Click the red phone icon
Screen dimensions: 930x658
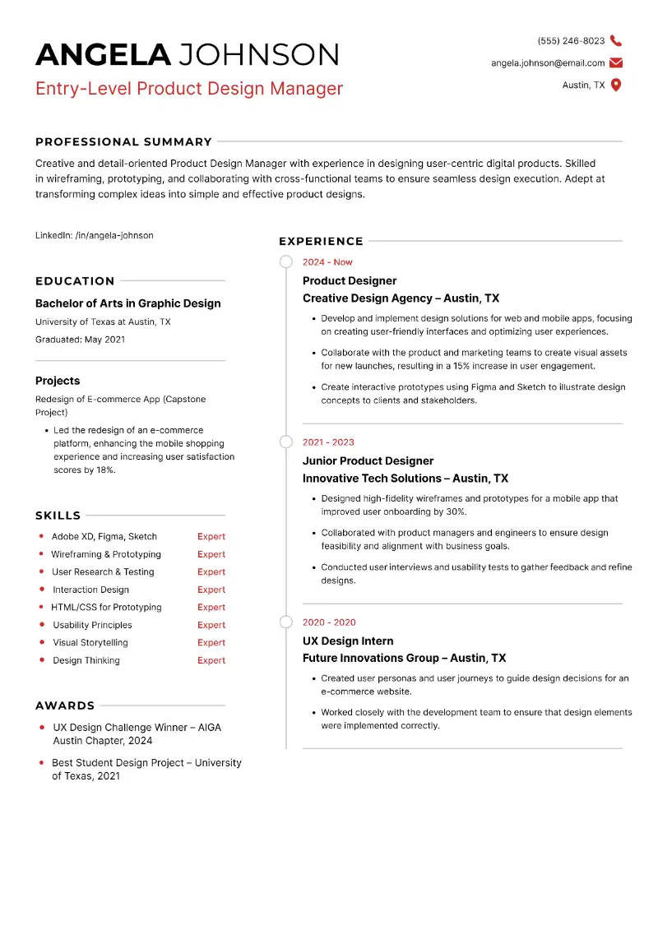[x=616, y=40]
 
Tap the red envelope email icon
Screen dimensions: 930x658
[x=616, y=62]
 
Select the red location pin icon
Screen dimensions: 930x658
[x=616, y=85]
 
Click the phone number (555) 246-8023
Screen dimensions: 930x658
[x=571, y=40]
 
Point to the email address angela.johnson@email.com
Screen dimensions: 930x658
[x=548, y=62]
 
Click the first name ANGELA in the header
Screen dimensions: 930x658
[x=103, y=54]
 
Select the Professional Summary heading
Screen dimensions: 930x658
[x=123, y=141]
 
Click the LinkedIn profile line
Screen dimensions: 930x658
[x=94, y=235]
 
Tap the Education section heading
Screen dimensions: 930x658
[x=75, y=280]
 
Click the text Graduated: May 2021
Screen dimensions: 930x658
[x=80, y=339]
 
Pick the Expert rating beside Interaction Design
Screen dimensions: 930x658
[x=211, y=590]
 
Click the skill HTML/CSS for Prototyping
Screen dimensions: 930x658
[x=107, y=607]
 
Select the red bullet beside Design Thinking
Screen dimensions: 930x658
[x=41, y=660]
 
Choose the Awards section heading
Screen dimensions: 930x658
[x=65, y=706]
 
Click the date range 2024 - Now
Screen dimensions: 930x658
[x=327, y=262]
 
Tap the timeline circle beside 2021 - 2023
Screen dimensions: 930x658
[x=286, y=442]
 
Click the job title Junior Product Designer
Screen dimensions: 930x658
[x=368, y=460]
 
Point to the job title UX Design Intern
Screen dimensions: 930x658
[x=348, y=641]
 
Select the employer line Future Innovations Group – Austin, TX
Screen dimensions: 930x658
[x=404, y=658]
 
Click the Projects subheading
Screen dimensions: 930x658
[x=58, y=381]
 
